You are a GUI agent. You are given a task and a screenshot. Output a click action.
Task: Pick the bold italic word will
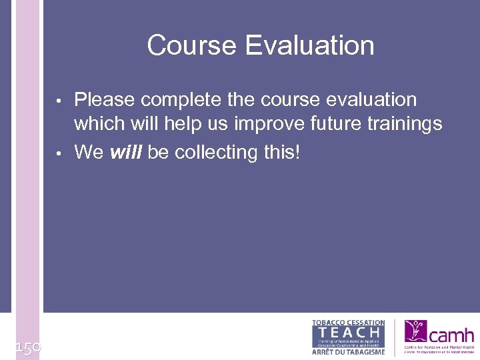125,152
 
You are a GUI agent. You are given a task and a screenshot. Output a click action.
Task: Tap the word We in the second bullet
89,152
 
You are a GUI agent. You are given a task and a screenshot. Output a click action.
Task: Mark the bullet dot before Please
59,102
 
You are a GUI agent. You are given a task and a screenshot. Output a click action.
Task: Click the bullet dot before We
59,154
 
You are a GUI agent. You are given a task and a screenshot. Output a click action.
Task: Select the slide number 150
28,347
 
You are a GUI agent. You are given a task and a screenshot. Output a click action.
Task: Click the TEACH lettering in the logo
349,332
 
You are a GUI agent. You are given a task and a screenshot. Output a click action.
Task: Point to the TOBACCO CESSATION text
349,323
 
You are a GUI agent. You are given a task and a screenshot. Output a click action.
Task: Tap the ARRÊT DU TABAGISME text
349,351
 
